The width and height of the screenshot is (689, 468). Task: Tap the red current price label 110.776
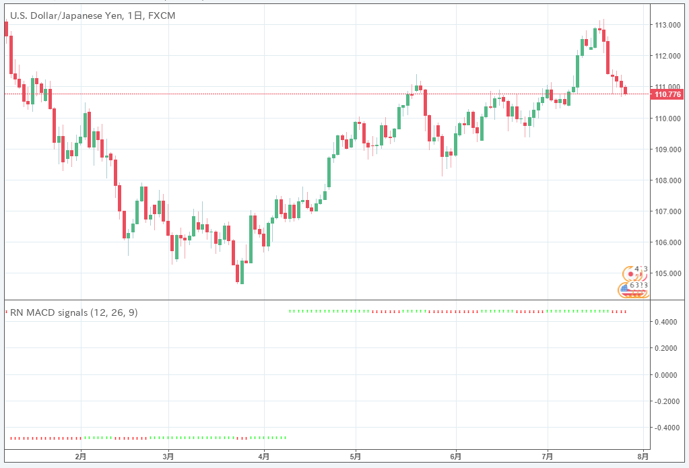pyautogui.click(x=667, y=94)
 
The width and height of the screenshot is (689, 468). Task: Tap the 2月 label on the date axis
pyautogui.click(x=81, y=456)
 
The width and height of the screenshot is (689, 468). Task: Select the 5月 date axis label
pyautogui.click(x=355, y=456)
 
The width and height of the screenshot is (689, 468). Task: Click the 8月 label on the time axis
pyautogui.click(x=643, y=456)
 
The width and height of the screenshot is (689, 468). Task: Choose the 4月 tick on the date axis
pyautogui.click(x=264, y=456)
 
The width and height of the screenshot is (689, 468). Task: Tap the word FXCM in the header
pyautogui.click(x=162, y=15)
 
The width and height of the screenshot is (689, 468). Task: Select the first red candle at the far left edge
pyautogui.click(x=6, y=28)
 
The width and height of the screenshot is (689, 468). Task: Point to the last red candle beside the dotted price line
pyautogui.click(x=626, y=90)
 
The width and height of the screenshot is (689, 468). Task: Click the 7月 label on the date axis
pyautogui.click(x=547, y=456)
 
